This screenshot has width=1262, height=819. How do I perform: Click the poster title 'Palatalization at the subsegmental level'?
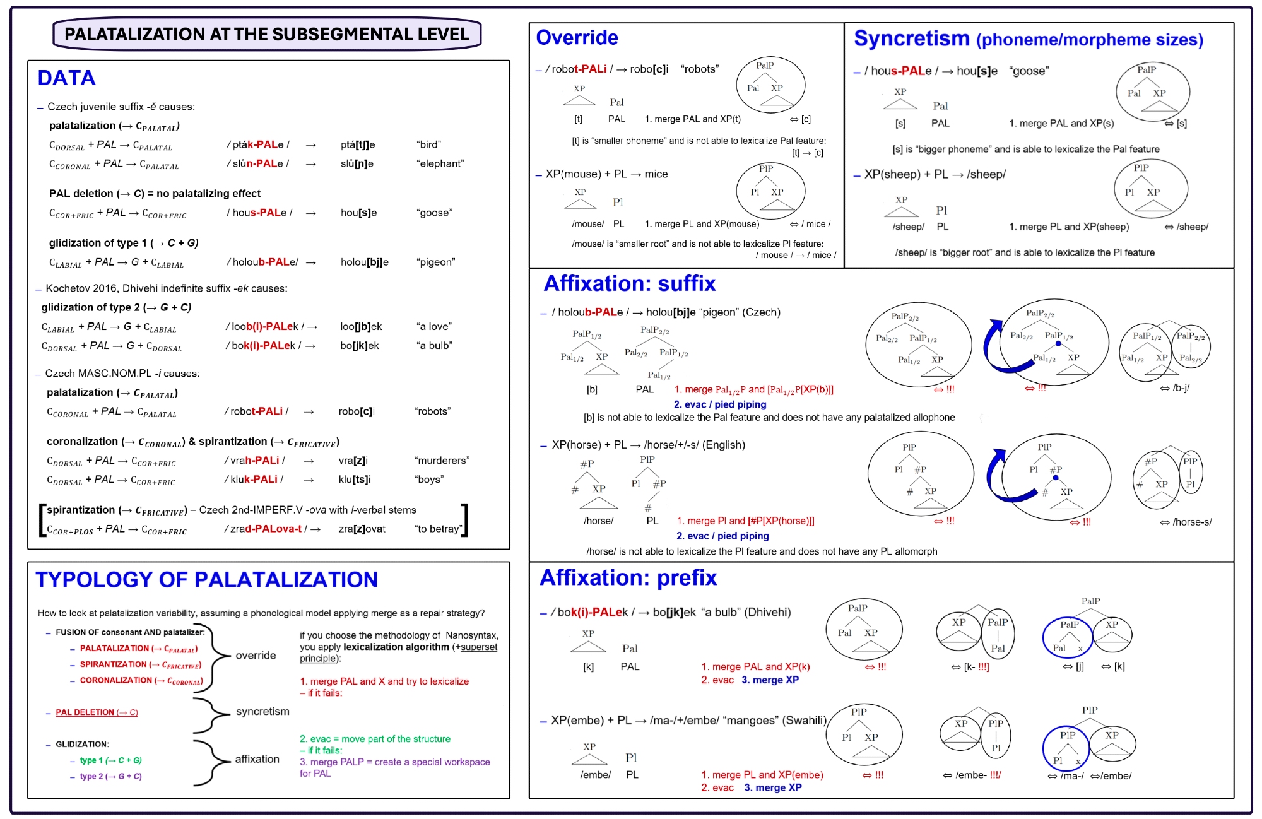[266, 34]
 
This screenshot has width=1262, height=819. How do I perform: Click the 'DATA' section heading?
[66, 78]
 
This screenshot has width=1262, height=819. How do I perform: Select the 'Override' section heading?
[577, 38]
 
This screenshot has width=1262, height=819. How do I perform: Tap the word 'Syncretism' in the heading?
[911, 39]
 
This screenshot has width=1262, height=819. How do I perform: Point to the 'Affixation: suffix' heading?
[629, 284]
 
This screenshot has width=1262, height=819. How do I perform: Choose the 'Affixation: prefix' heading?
[628, 578]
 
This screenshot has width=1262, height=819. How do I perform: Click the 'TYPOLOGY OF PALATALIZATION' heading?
[206, 580]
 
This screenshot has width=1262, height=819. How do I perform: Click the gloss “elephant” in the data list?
[440, 164]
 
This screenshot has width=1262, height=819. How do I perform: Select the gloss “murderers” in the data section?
[442, 461]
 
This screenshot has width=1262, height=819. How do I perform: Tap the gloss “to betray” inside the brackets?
[439, 529]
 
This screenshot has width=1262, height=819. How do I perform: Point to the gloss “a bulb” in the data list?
[435, 346]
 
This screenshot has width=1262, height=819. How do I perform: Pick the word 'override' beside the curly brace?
[256, 656]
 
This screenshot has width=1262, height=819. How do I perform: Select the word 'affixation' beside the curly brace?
[257, 759]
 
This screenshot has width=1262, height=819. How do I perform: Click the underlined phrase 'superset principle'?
[478, 647]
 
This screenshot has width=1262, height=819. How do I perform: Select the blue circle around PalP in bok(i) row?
[1068, 637]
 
